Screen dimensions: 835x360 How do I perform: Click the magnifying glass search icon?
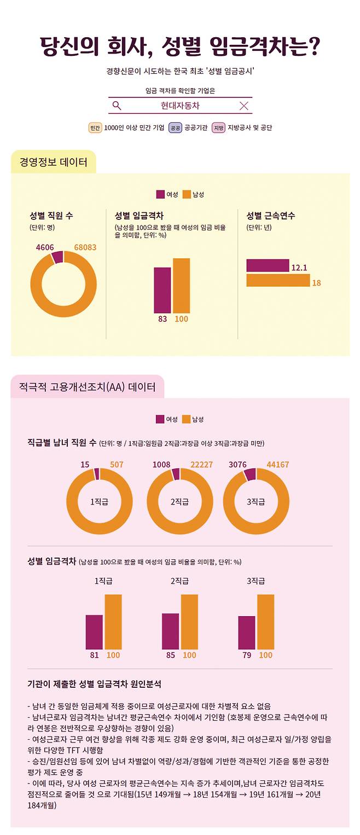click(117, 106)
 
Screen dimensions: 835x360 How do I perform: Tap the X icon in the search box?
click(244, 106)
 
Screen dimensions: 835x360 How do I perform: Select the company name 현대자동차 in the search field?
click(180, 106)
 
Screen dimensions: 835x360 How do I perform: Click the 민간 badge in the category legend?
click(95, 128)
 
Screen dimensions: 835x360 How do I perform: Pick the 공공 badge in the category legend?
click(175, 128)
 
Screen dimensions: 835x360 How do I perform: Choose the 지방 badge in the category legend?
click(219, 128)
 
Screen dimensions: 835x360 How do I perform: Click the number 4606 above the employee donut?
click(45, 247)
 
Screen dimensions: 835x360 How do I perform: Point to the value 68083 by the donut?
click(85, 247)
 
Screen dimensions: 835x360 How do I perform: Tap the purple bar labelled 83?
click(162, 289)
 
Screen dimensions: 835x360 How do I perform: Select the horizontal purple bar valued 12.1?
click(268, 265)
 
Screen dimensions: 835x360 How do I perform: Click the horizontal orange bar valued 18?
click(278, 280)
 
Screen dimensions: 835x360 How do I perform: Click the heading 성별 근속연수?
click(270, 216)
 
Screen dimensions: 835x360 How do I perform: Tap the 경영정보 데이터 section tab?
click(53, 162)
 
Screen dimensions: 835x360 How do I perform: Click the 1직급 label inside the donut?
click(99, 501)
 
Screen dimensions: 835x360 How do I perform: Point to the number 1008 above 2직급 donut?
click(161, 465)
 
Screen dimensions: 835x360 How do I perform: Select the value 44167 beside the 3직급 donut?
click(277, 465)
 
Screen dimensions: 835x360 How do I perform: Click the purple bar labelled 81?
click(94, 631)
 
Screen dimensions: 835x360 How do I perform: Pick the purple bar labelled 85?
click(170, 631)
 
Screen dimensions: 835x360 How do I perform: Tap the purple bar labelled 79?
click(246, 632)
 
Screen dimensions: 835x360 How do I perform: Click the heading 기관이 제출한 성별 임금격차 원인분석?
click(94, 684)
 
